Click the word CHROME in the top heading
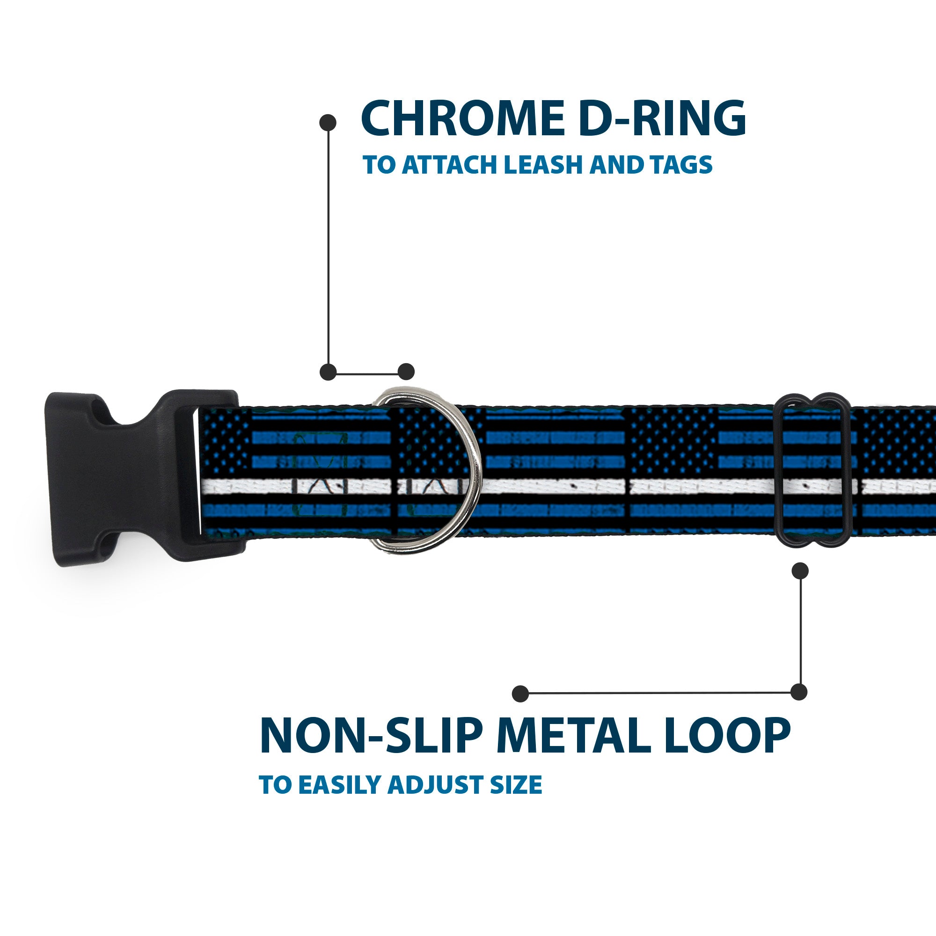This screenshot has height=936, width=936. (x=462, y=119)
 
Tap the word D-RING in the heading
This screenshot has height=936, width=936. (x=662, y=119)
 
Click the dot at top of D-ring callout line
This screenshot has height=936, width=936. (x=328, y=123)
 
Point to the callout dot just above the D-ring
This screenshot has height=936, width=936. (x=406, y=372)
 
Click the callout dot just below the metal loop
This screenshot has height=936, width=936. (x=800, y=570)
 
